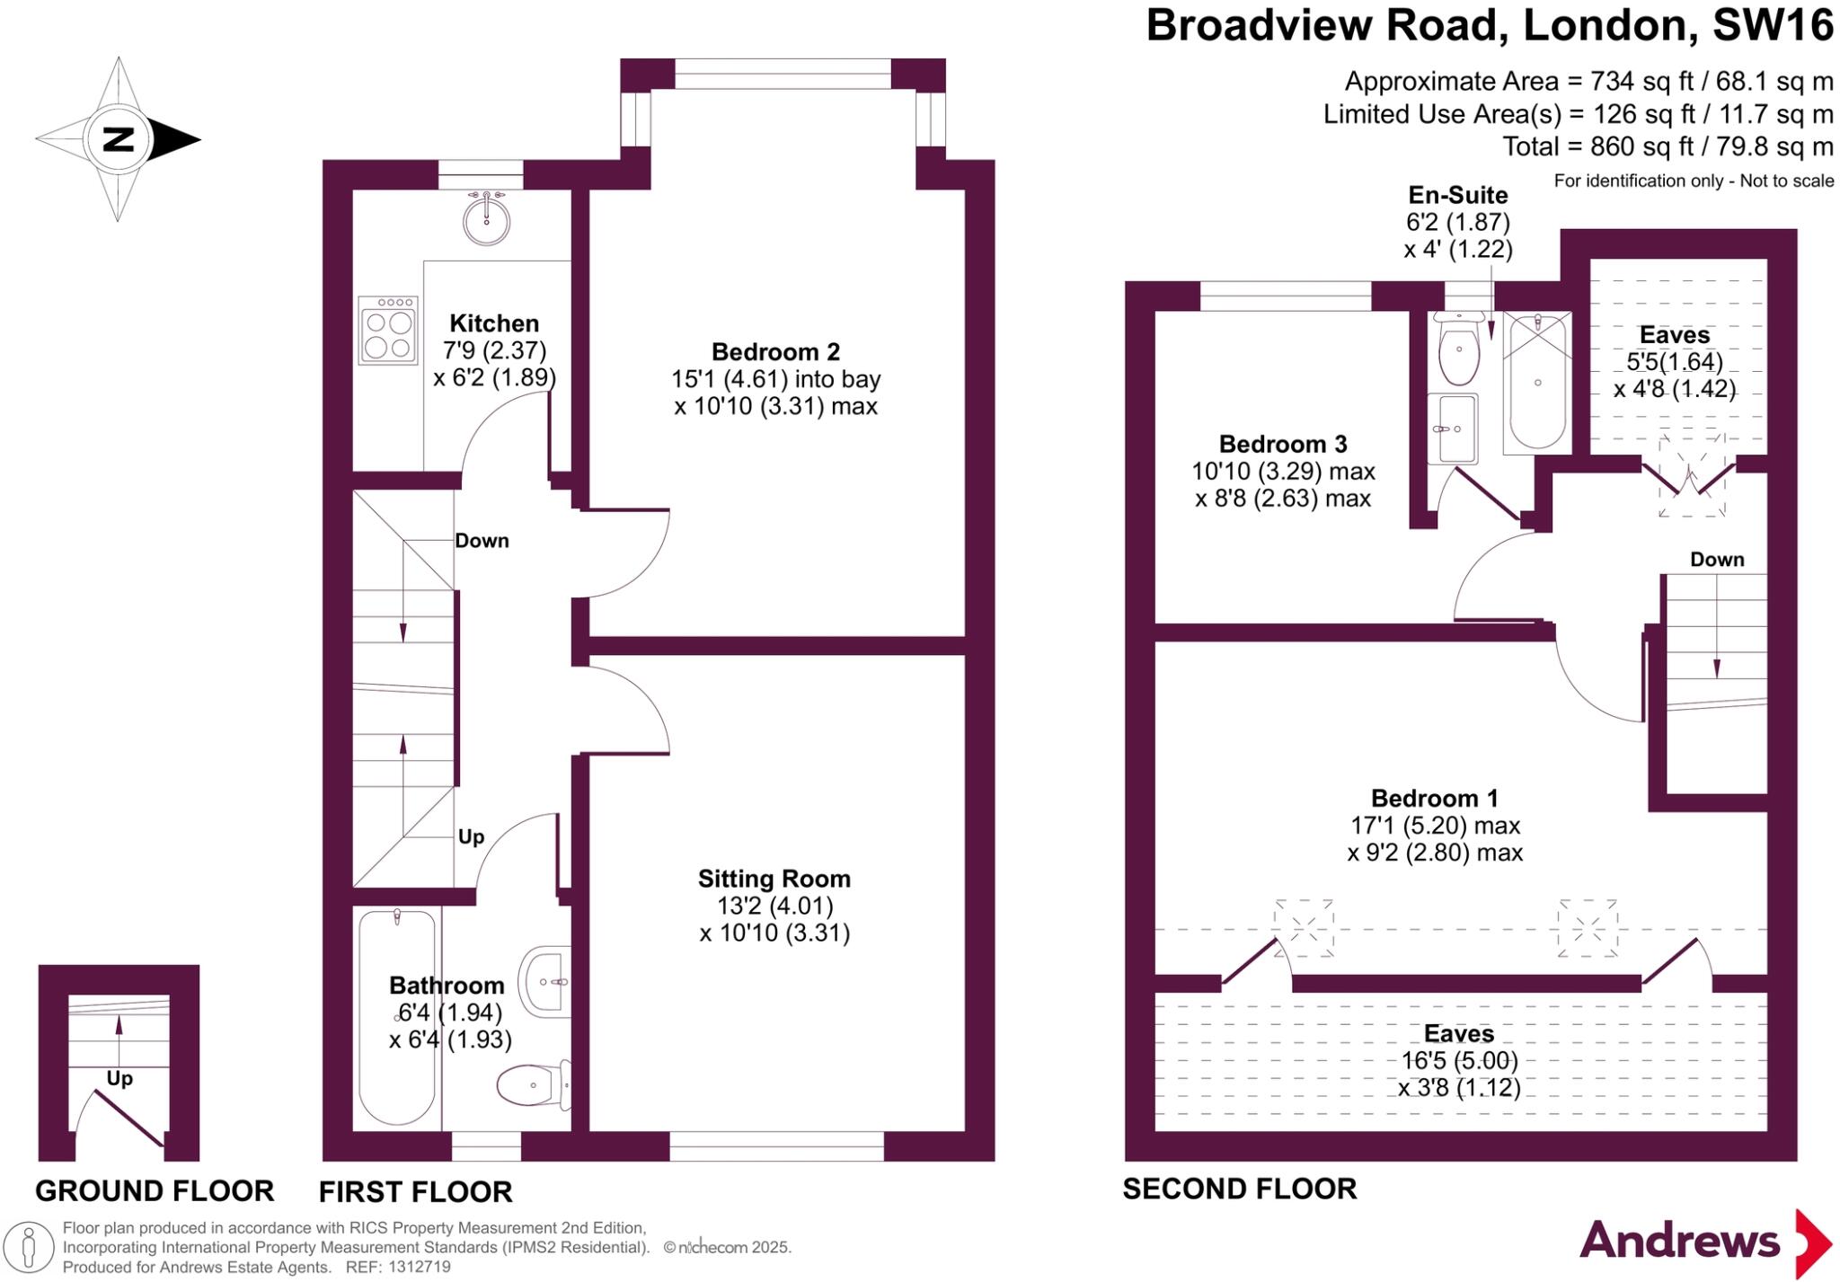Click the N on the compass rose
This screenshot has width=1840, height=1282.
pos(118,139)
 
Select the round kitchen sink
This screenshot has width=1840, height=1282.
pos(486,220)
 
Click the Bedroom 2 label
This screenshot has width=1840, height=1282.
pos(775,351)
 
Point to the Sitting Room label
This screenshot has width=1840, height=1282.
pos(774,879)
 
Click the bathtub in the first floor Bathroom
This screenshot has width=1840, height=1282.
pos(397,1017)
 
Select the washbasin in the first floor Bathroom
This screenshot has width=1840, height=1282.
pos(546,981)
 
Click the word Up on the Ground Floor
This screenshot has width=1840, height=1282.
pos(119,1078)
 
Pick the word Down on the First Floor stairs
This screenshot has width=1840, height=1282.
pos(482,541)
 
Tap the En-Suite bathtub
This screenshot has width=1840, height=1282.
pos(1537,382)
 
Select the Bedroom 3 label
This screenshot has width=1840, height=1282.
pos(1283,444)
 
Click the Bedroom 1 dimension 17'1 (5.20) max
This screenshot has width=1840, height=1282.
pos(1435,825)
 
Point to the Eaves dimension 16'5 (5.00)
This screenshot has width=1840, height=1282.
pos(1459,1061)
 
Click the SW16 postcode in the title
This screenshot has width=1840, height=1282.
pos(1772,25)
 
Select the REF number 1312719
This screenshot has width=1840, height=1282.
pos(420,1267)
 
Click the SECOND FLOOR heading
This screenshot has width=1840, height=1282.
pos(1239,1189)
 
